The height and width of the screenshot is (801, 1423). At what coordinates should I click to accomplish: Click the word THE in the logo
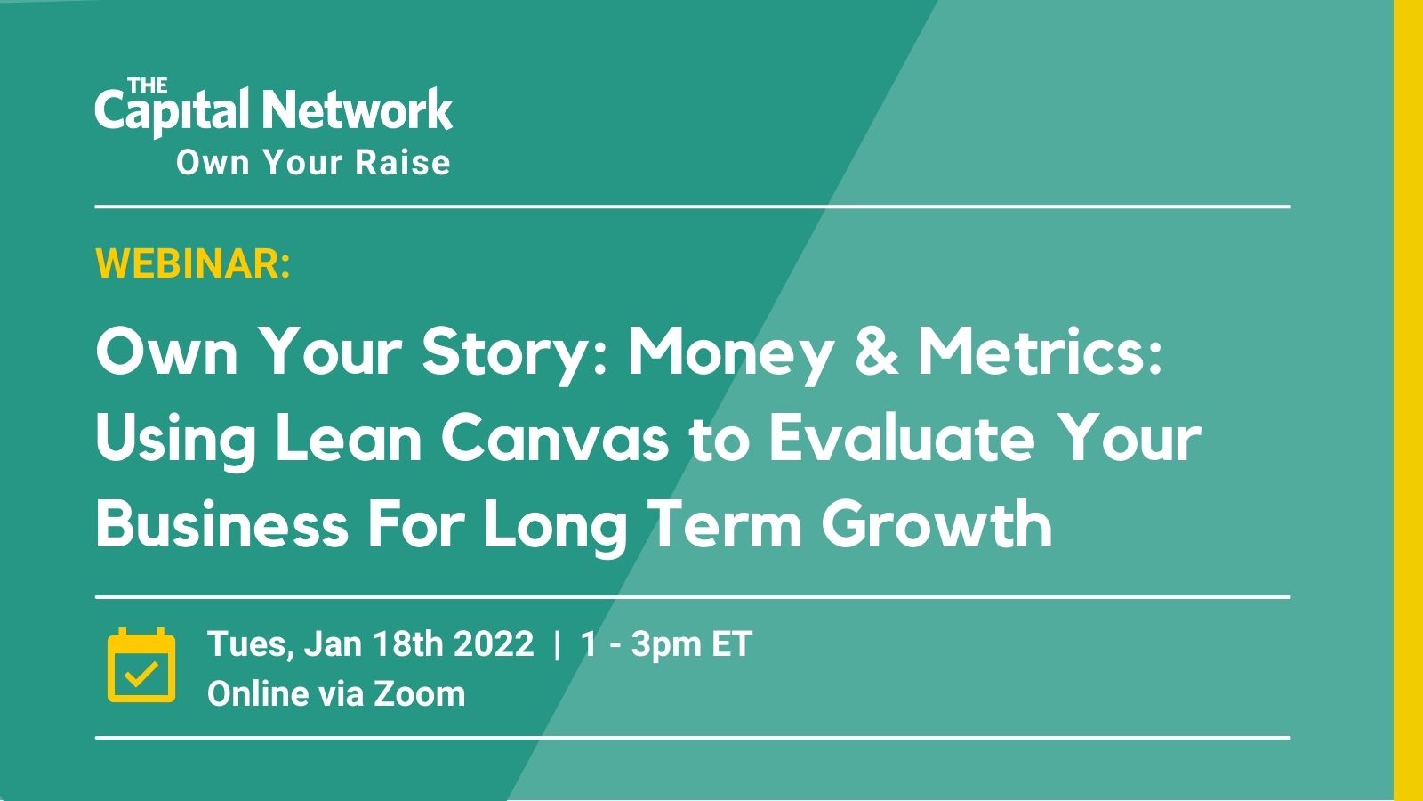148,85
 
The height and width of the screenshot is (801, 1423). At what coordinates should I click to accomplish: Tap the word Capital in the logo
171,112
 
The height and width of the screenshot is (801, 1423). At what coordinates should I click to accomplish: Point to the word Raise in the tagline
403,162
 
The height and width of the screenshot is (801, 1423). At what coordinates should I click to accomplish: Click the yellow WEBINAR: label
193,263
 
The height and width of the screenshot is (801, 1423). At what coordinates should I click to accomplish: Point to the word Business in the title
221,524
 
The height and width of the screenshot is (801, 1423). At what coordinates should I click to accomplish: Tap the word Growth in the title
937,524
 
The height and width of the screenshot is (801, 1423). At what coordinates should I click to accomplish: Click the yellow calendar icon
141,665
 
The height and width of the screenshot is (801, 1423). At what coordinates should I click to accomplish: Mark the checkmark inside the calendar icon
141,674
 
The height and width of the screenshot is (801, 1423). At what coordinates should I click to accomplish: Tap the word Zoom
419,693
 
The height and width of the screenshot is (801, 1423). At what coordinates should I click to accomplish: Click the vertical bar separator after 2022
557,644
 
